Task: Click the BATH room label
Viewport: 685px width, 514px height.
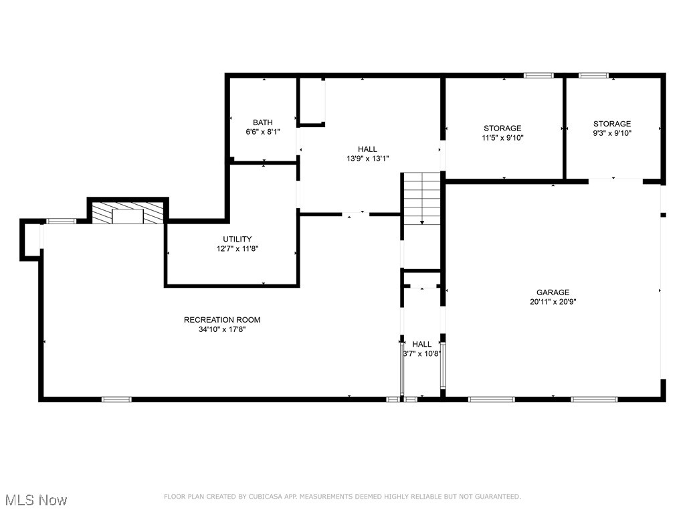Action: [x=262, y=122]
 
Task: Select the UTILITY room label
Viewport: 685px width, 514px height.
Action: [x=237, y=239]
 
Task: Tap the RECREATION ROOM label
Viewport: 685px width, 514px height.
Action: [x=222, y=320]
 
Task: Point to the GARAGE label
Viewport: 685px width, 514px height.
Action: [x=553, y=292]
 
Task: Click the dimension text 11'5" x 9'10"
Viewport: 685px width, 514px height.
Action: [x=502, y=138]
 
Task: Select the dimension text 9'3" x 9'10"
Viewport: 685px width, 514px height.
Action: [x=611, y=133]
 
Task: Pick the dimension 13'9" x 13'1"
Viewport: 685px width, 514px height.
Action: [x=367, y=159]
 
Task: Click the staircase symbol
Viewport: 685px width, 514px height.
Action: [x=421, y=198]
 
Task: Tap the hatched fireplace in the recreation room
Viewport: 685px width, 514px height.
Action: [x=127, y=213]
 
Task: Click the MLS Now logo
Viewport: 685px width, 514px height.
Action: [x=34, y=500]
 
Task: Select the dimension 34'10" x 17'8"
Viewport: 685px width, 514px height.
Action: [x=222, y=329]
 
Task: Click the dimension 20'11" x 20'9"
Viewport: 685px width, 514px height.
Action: [x=553, y=302]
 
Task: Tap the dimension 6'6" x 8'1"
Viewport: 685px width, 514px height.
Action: [x=262, y=132]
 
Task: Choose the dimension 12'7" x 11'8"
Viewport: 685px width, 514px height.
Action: [x=237, y=248]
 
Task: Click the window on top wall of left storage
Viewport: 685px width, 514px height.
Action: [x=539, y=76]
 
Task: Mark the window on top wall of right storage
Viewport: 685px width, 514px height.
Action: [x=593, y=76]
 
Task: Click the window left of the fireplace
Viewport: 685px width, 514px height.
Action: [x=61, y=221]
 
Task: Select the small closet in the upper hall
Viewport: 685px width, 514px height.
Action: [x=312, y=101]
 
